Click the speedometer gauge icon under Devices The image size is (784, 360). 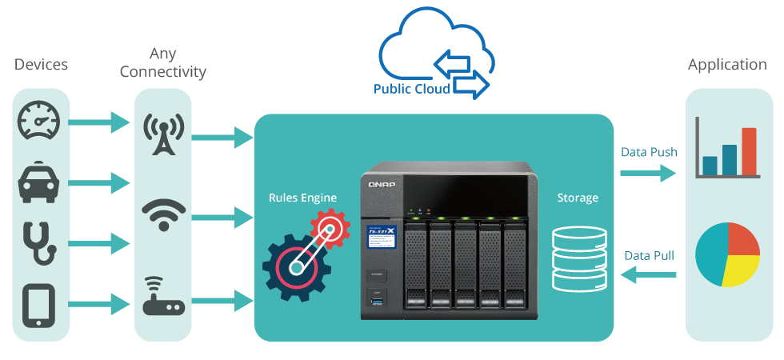(40, 122)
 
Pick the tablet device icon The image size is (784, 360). (40, 303)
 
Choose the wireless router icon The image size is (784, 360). (163, 297)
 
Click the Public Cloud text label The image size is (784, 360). (411, 89)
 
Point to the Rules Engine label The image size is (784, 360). (302, 198)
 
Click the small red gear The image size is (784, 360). (330, 229)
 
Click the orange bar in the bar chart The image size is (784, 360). (748, 151)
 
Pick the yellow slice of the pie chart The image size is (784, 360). (738, 270)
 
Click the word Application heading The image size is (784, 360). (727, 65)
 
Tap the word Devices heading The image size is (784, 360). (41, 65)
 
